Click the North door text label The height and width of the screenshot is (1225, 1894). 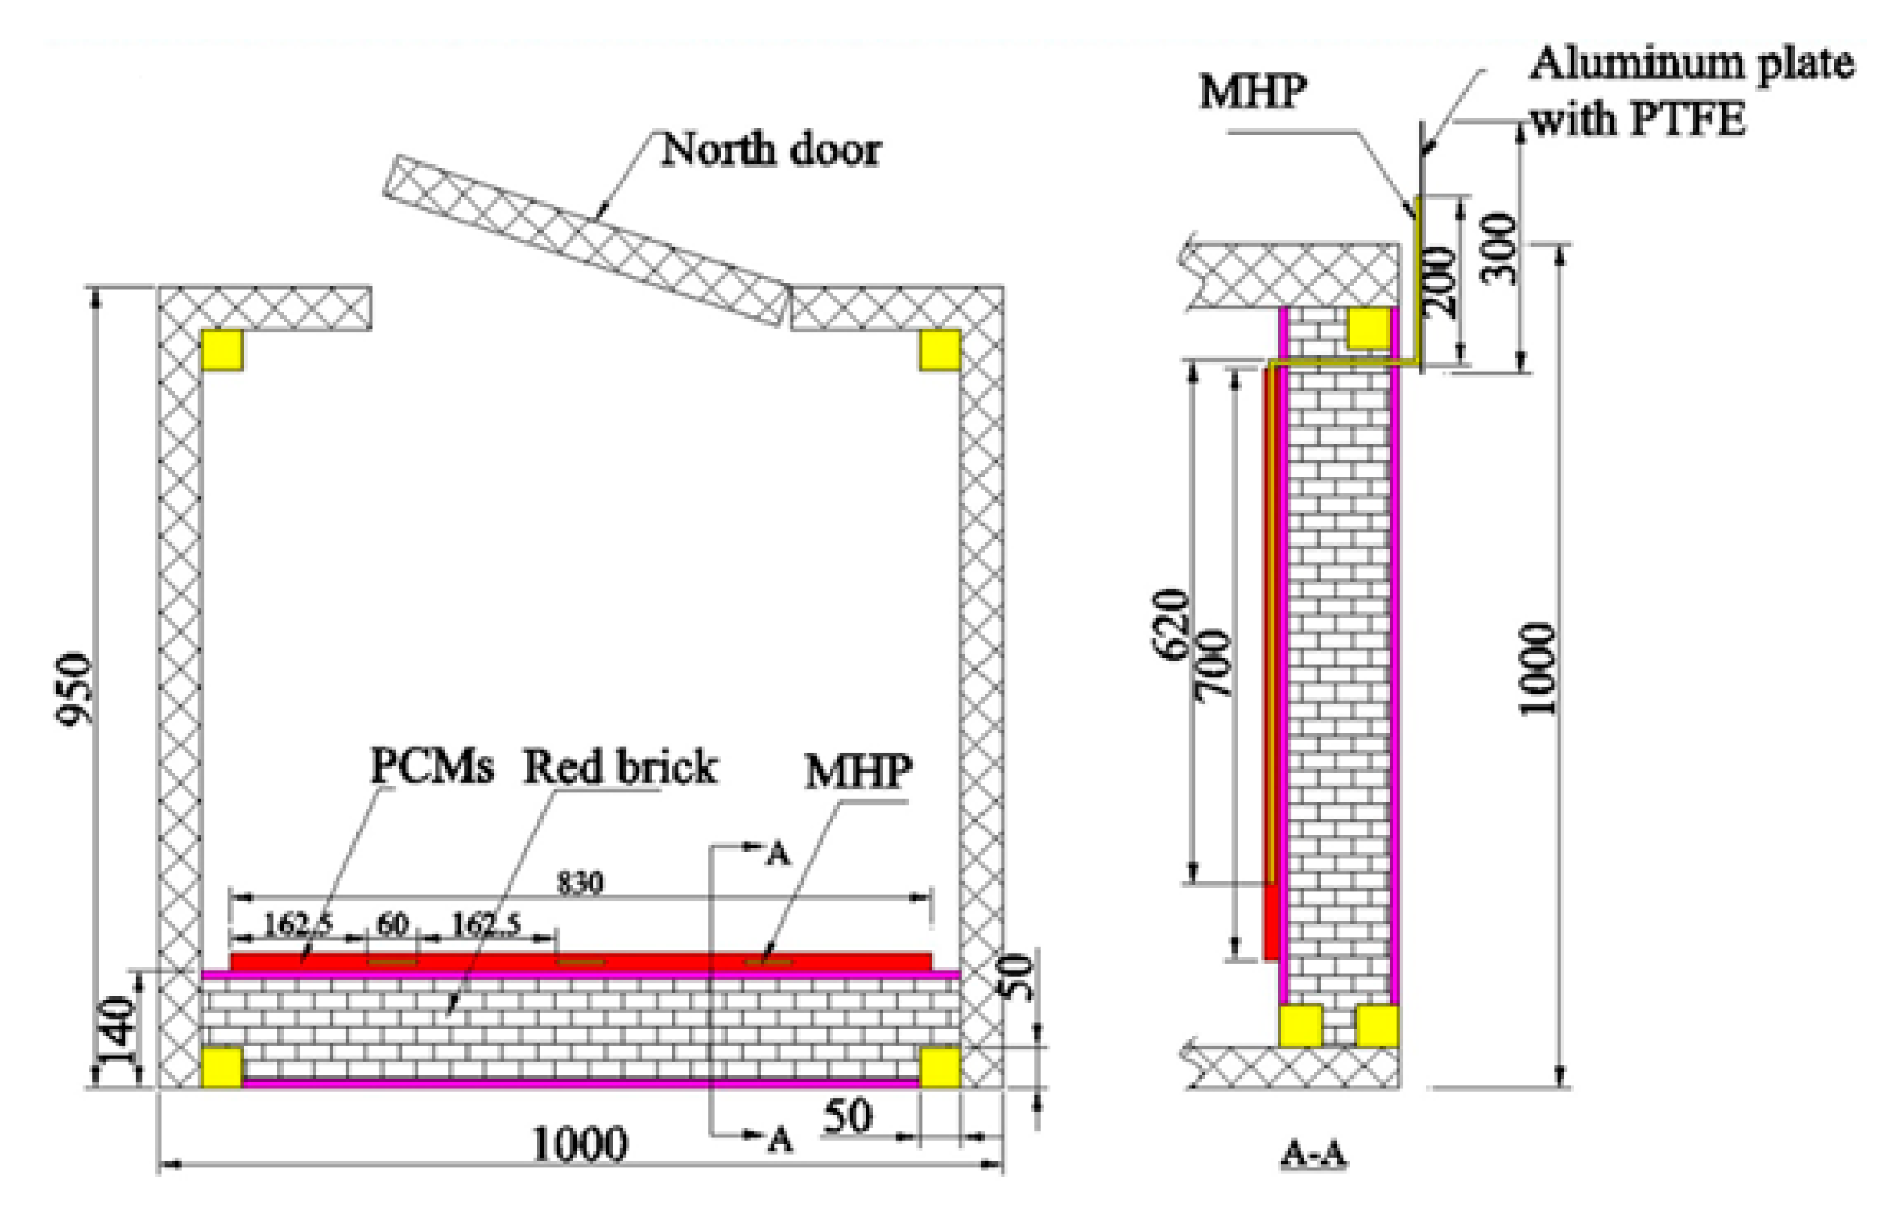(x=770, y=150)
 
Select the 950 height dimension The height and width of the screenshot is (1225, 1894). (x=75, y=688)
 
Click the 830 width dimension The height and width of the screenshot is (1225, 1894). (x=580, y=883)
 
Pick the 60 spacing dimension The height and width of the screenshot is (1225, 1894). (x=392, y=924)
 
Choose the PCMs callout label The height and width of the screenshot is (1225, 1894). (x=432, y=766)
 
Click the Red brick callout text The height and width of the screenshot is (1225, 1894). (x=619, y=768)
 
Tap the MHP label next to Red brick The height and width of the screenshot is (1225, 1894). (x=858, y=771)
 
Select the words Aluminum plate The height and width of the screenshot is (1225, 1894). (x=1691, y=63)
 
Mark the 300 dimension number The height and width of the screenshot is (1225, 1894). (x=1499, y=248)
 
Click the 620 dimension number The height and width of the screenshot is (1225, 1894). (x=1172, y=625)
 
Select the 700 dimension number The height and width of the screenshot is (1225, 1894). (x=1214, y=665)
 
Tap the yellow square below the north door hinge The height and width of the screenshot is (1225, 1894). (x=939, y=350)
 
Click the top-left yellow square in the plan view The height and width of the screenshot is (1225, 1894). (x=222, y=350)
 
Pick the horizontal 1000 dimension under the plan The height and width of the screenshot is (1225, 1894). (x=580, y=1144)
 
